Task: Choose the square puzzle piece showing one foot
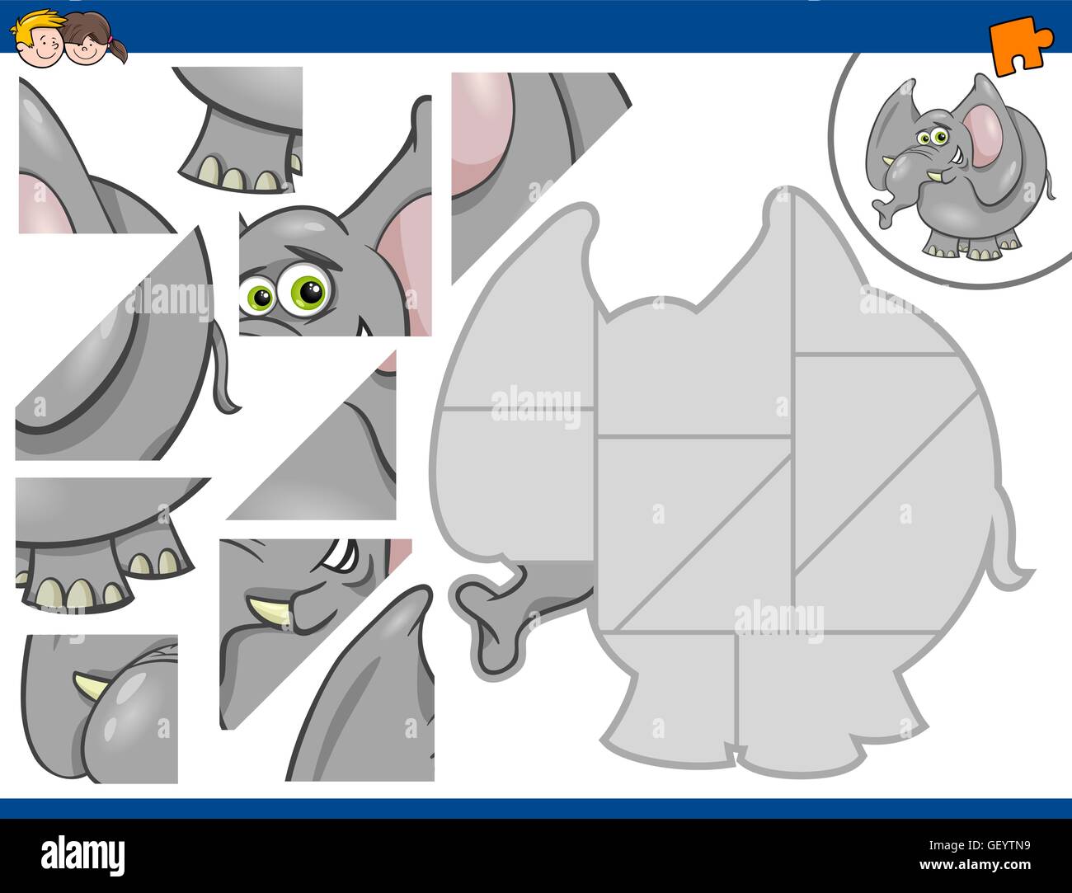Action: click(237, 132)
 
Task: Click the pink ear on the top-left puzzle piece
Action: click(49, 202)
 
